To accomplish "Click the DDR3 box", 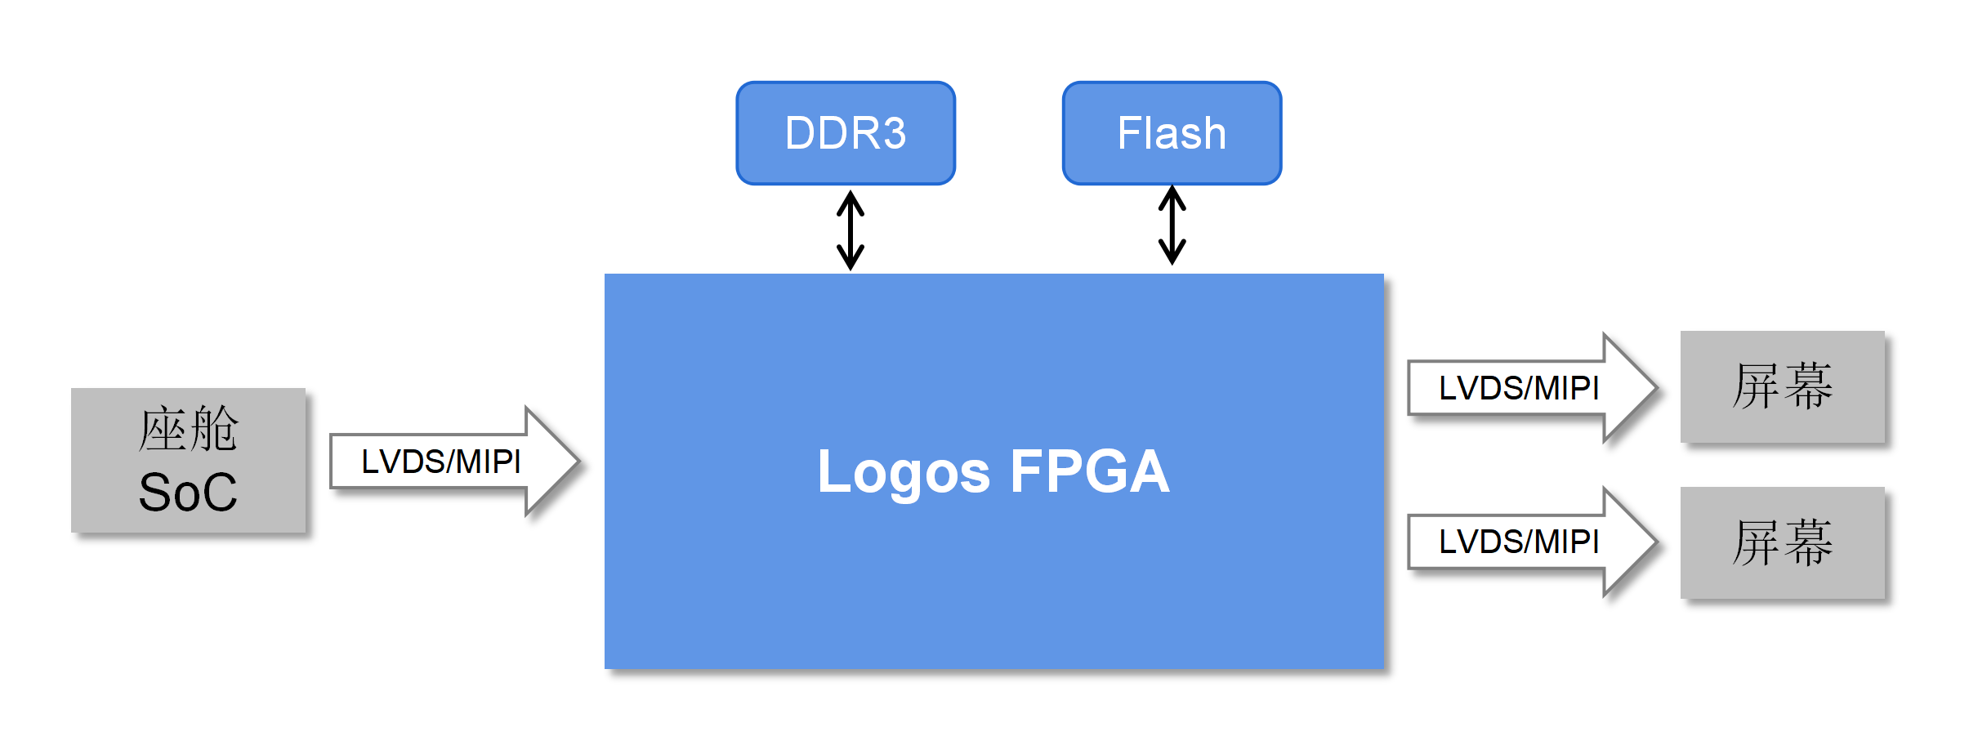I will click(846, 133).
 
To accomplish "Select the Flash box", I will click(1172, 133).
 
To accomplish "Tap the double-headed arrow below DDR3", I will click(851, 230).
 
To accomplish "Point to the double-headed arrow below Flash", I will click(1172, 225).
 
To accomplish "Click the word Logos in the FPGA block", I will click(904, 472).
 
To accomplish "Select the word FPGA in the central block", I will click(1090, 472).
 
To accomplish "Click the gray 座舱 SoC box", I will click(188, 461).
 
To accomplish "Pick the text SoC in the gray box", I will click(188, 493).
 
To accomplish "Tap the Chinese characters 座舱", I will click(188, 430).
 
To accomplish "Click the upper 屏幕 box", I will click(1782, 387).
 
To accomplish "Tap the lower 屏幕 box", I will click(1782, 543).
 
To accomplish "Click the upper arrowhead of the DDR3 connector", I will click(851, 199).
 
